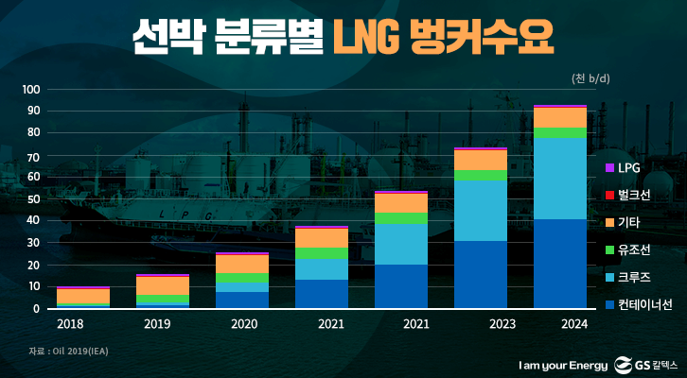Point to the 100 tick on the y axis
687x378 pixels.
[x=30, y=90]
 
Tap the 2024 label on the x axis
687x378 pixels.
[x=560, y=324]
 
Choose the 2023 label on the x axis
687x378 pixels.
[x=481, y=324]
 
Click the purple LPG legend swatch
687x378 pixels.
[x=609, y=167]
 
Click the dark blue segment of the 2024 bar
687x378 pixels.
[x=560, y=264]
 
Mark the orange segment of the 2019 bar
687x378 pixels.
[x=163, y=285]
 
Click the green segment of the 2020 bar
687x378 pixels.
[x=242, y=278]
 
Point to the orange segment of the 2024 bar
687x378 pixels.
[x=560, y=117]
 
